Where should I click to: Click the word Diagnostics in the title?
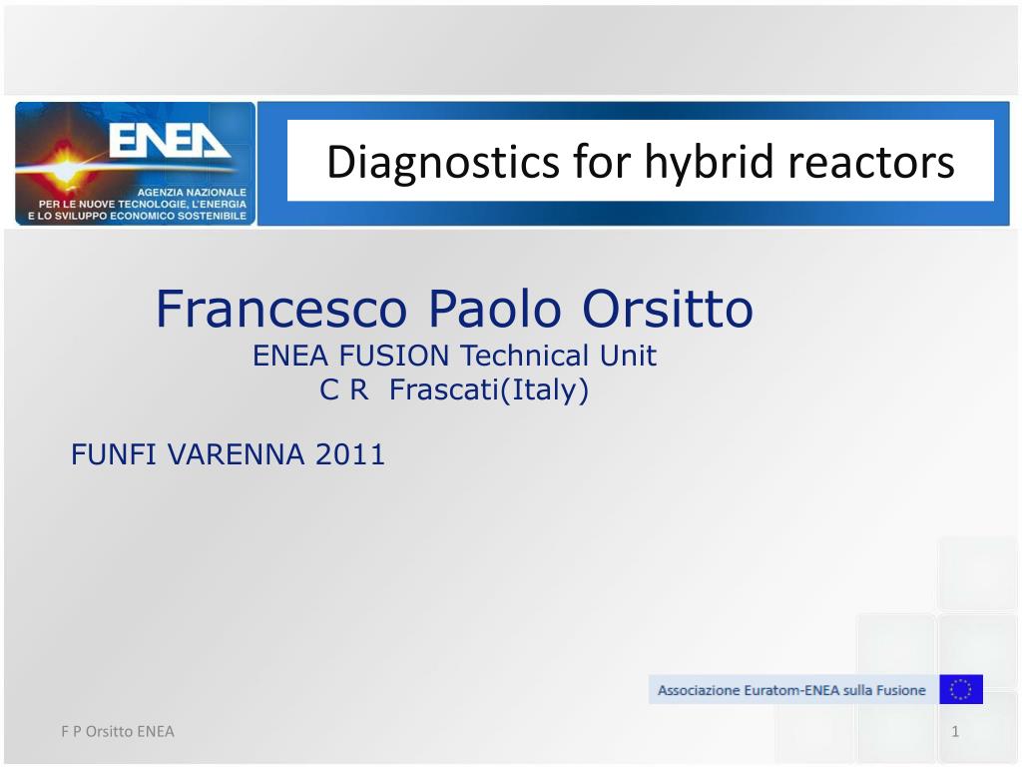(443, 162)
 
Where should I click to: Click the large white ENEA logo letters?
(169, 141)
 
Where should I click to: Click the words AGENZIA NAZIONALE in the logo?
(192, 193)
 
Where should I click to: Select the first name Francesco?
(281, 309)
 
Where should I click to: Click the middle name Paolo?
(495, 309)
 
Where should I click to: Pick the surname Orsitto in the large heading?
(668, 309)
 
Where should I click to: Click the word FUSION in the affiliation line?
(394, 357)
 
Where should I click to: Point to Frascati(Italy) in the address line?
(489, 390)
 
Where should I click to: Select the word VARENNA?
(236, 454)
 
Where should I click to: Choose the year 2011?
(350, 454)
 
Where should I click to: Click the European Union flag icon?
(961, 689)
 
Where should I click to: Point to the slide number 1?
(955, 731)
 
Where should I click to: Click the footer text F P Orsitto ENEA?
(118, 731)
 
